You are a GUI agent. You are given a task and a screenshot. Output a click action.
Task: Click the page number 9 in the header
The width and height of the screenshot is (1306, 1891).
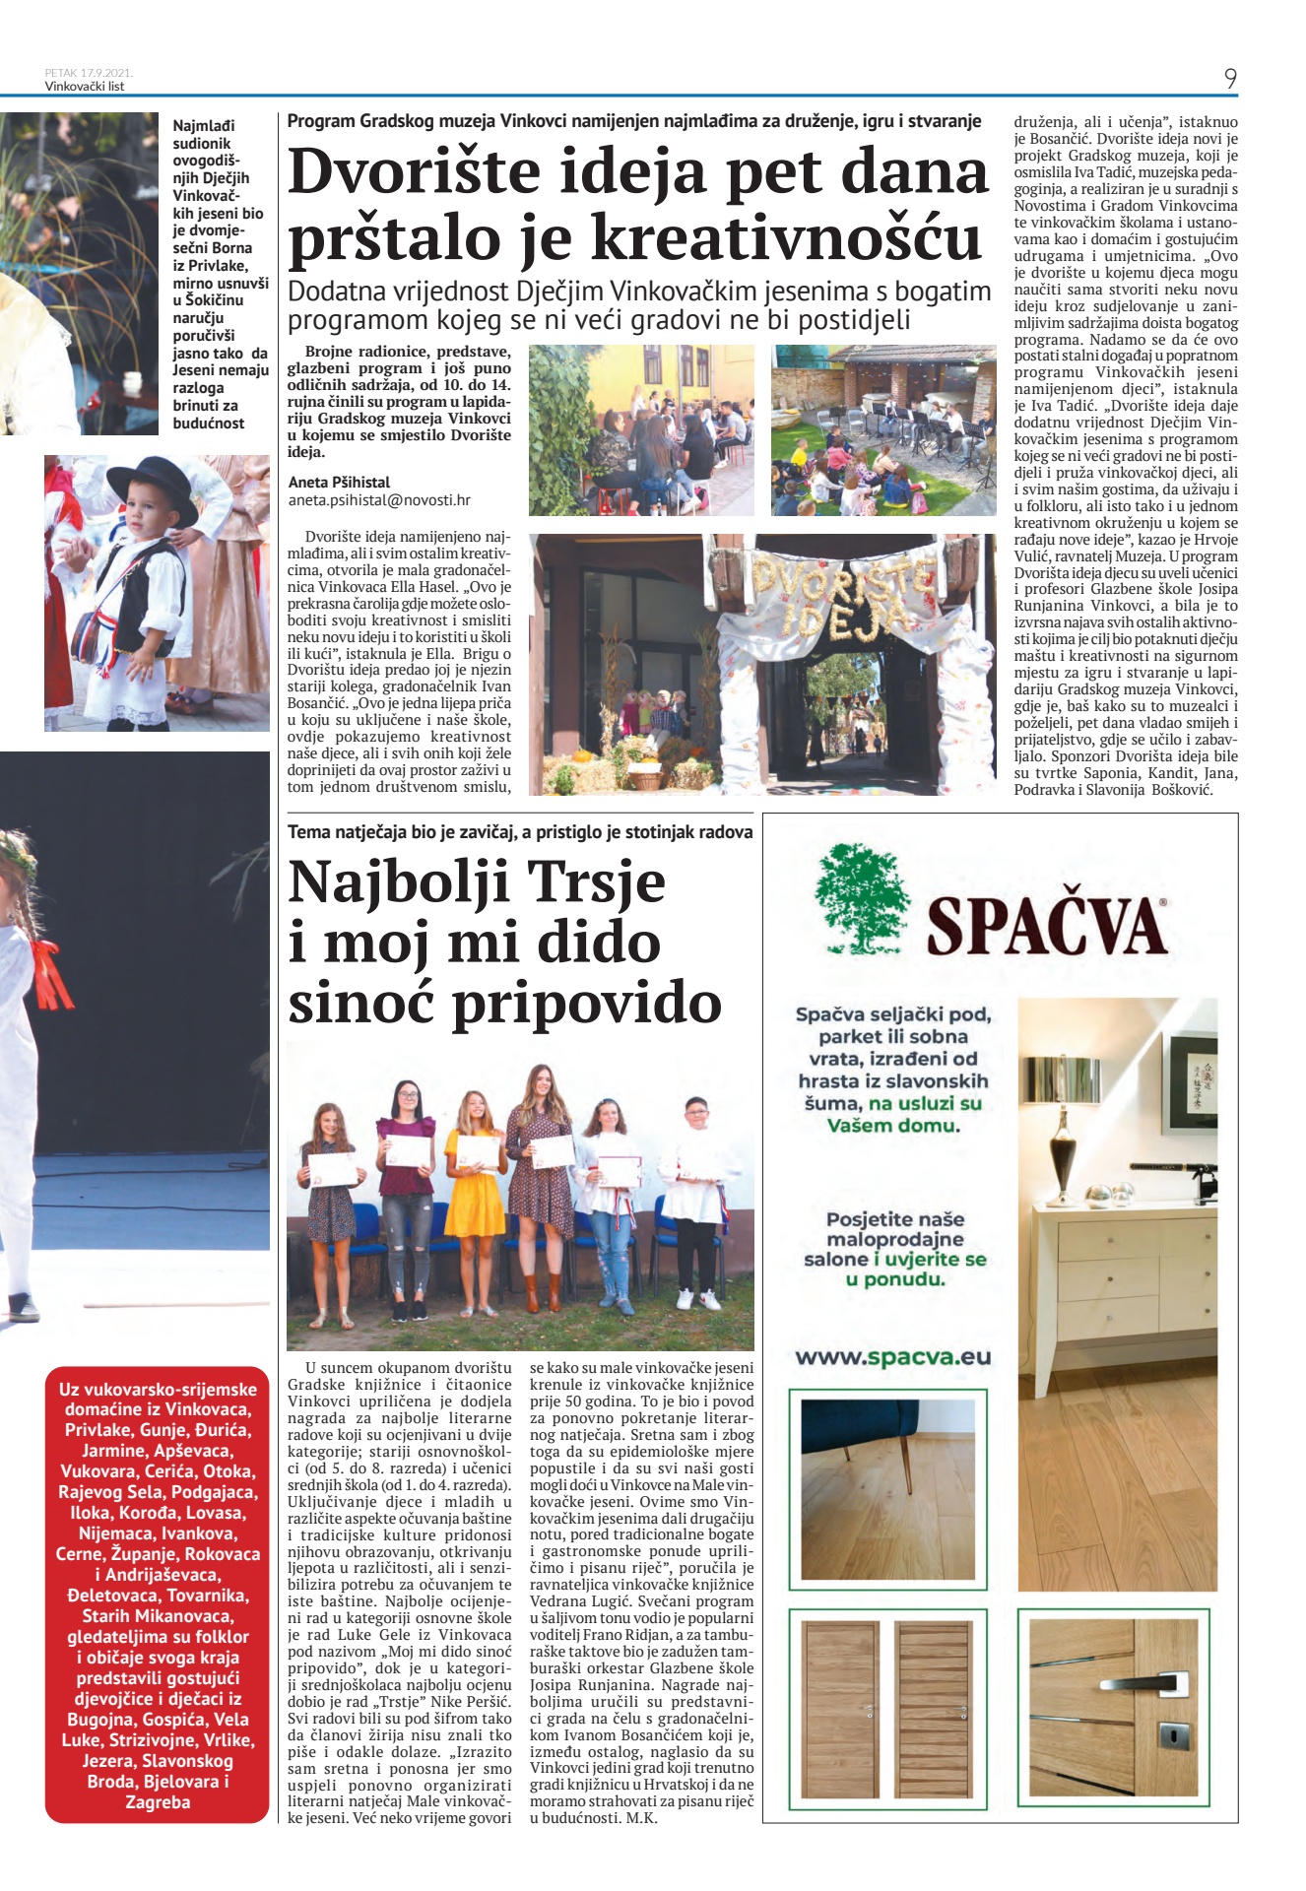[x=1230, y=79]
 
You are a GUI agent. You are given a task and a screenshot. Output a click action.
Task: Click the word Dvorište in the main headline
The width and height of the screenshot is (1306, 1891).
[x=415, y=172]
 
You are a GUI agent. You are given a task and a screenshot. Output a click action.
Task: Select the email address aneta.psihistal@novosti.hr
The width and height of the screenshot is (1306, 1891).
[x=379, y=500]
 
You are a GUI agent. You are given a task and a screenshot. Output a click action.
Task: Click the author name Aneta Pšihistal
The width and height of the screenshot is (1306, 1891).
[x=339, y=483]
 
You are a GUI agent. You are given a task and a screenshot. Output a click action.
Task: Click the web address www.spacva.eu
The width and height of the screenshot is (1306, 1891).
[x=892, y=1357]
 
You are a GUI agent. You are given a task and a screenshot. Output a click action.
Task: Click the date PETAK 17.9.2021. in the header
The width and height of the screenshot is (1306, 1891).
[x=89, y=72]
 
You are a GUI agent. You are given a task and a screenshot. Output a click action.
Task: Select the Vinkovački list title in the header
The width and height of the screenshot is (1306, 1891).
[x=85, y=87]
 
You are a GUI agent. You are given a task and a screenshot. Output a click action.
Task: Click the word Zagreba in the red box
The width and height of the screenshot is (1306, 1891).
[x=158, y=1802]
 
